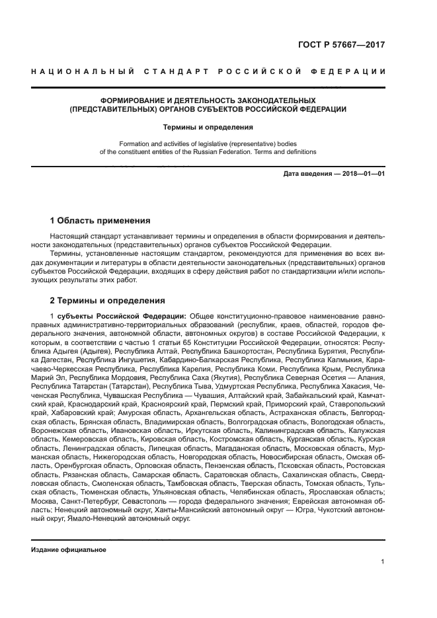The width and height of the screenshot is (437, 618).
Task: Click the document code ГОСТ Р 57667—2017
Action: click(x=342, y=45)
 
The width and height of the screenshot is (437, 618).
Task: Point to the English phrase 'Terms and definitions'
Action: click(x=283, y=151)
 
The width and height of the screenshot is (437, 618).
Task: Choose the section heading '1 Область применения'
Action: click(x=100, y=220)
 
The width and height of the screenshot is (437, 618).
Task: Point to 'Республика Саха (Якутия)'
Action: click(x=171, y=377)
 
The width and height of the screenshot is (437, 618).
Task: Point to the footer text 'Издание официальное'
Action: click(x=69, y=550)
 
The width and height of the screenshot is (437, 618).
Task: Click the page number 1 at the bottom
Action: click(x=383, y=562)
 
